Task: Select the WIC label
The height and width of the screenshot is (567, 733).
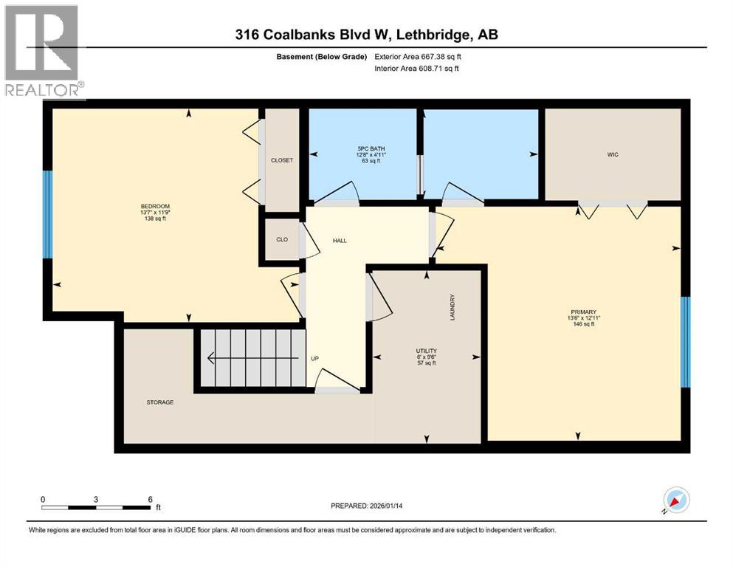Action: tap(612, 155)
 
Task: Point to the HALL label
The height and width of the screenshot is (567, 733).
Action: tap(339, 241)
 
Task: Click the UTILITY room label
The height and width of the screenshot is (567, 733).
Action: tap(426, 351)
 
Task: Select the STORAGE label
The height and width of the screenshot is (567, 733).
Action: tap(159, 402)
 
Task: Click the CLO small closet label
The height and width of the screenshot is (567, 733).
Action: tap(281, 239)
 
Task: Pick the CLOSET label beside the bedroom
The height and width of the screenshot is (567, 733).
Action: tap(282, 160)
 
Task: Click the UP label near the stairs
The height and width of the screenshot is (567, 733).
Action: tap(314, 359)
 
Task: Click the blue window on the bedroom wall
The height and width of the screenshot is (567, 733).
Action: tap(47, 214)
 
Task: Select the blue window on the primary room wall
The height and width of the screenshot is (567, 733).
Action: tap(684, 342)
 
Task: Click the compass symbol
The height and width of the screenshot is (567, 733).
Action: tap(675, 501)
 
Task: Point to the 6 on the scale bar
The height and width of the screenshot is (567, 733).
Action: tap(151, 498)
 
